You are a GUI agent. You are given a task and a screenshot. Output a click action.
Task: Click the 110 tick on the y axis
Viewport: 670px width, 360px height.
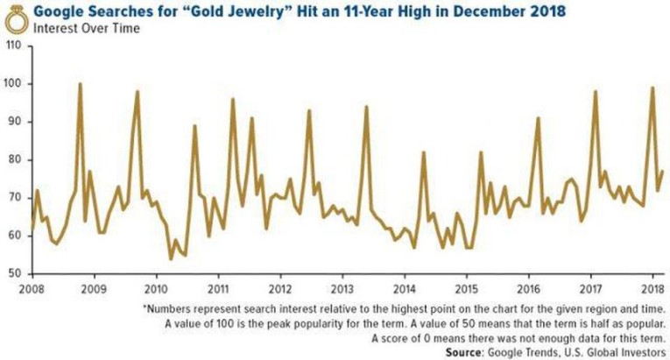(14, 46)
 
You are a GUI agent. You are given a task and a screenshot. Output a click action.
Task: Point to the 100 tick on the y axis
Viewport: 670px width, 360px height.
(14, 84)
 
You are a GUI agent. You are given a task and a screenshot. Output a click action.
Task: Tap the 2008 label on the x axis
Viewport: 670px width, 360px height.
(32, 287)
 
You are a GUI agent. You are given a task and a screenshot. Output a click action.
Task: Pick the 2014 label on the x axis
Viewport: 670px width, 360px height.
(404, 287)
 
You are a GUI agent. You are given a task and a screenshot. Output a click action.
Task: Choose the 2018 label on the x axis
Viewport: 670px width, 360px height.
(652, 287)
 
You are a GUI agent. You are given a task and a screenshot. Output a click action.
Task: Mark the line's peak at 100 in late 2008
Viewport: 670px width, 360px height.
(80, 84)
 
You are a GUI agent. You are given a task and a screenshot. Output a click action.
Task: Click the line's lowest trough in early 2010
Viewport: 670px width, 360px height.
(171, 258)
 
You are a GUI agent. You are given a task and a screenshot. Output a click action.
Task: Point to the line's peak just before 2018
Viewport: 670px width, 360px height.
(652, 88)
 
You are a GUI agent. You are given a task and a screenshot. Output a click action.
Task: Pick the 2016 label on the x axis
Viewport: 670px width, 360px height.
(528, 287)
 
